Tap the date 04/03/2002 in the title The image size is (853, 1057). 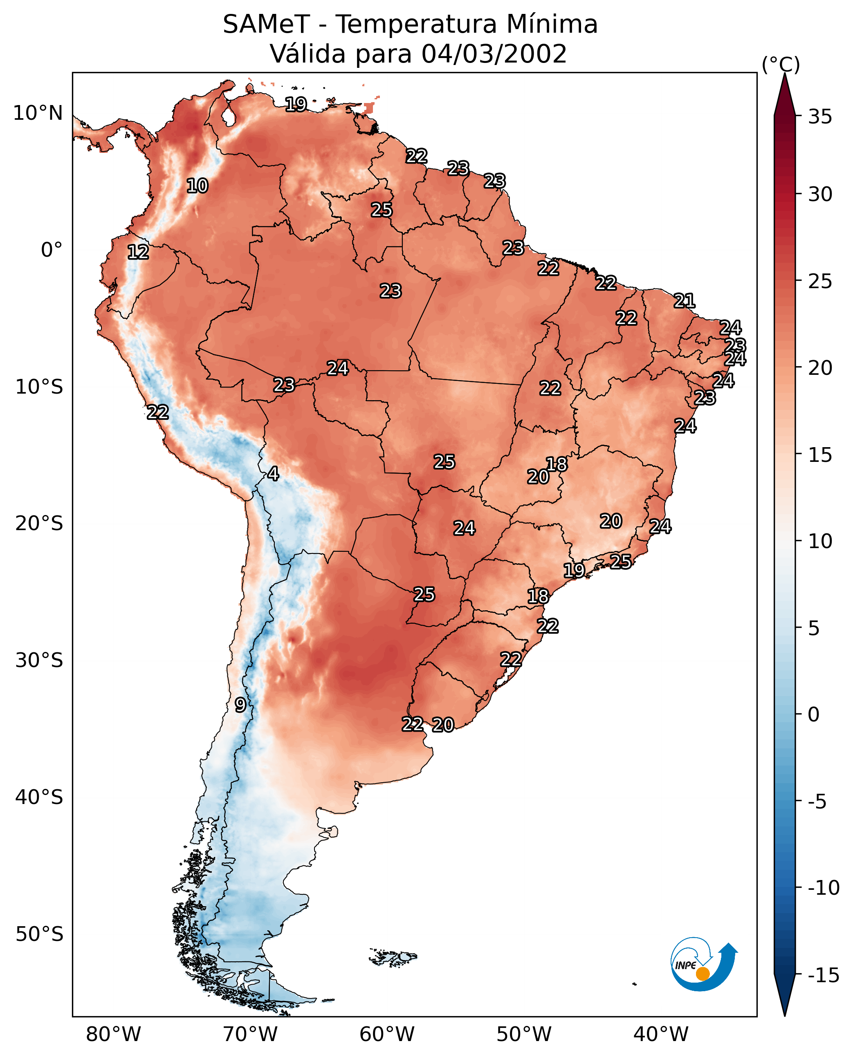[x=494, y=54]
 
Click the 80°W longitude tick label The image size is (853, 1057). [x=114, y=1034]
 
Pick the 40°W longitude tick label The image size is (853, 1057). [x=661, y=1034]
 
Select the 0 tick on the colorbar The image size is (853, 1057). [x=814, y=714]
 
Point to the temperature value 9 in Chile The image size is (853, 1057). [x=240, y=705]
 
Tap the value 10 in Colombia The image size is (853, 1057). [x=198, y=186]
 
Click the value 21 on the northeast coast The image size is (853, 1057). [x=685, y=300]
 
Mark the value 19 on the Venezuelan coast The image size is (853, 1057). [x=296, y=104]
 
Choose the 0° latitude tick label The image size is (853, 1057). [x=52, y=250]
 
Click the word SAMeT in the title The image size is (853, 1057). [x=266, y=24]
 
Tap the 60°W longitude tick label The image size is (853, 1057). [x=387, y=1034]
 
